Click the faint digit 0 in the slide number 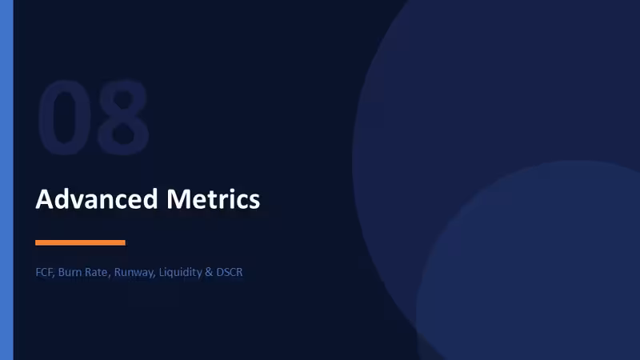[64, 117]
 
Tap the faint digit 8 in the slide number [123, 117]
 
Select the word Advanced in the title [97, 199]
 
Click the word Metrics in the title [213, 199]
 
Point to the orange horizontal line [81, 243]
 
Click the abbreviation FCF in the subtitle [44, 272]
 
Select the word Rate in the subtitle [96, 272]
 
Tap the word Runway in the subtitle [134, 273]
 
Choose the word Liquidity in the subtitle [181, 273]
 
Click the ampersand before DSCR [209, 272]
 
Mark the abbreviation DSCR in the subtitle [230, 272]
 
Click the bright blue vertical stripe [6, 180]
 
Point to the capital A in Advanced [45, 199]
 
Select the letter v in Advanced [81, 202]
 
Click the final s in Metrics [254, 202]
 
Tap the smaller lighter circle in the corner [528, 261]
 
